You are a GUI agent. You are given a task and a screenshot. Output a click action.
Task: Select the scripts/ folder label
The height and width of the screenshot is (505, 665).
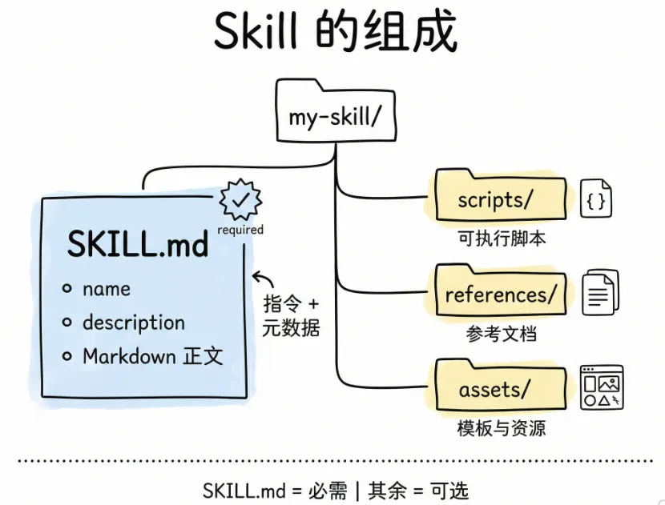coord(494,199)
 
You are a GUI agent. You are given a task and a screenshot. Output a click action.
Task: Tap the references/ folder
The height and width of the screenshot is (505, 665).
coord(499,294)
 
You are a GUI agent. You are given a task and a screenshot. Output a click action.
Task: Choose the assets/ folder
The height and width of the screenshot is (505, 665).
coord(494,390)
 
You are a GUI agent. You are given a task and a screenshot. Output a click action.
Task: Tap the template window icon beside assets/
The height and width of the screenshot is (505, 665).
coord(601,387)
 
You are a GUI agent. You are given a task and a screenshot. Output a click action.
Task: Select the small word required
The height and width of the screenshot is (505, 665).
coord(240,230)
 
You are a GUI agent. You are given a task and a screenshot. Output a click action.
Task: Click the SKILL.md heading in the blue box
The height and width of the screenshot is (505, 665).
coord(138,245)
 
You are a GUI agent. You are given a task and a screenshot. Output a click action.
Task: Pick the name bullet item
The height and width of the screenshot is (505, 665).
coord(106,288)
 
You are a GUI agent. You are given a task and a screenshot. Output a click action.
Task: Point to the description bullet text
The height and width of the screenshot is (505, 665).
coord(133,323)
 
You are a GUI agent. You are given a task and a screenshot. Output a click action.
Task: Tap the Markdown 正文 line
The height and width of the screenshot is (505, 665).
coord(152,356)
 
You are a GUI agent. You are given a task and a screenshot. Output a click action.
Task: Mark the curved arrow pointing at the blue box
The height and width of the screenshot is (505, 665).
coord(263,279)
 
